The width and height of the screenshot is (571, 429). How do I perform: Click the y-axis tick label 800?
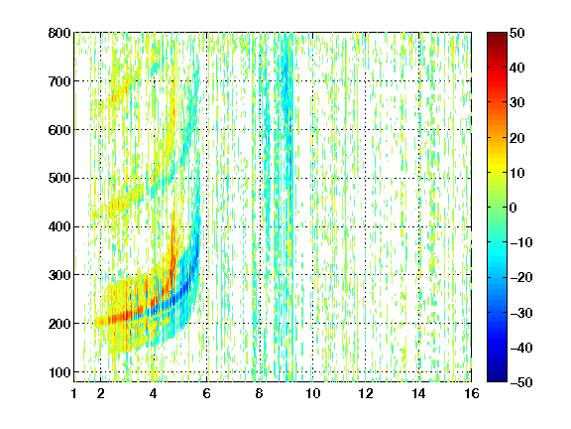pos(59,33)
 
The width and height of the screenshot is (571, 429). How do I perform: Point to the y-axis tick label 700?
pos(59,81)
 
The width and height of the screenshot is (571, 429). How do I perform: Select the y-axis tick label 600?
pos(59,130)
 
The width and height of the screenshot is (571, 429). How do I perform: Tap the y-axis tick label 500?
pos(59,179)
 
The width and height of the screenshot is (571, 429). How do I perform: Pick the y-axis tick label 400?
pos(59,226)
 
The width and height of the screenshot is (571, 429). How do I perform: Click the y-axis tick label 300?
pos(59,275)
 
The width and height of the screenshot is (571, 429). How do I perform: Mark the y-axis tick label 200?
pos(59,324)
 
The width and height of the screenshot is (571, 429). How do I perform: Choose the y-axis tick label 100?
pos(59,372)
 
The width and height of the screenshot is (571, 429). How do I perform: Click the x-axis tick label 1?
pos(74,393)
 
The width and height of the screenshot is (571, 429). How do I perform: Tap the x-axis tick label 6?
pos(207,393)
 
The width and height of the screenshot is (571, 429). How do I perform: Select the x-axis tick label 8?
pos(260,393)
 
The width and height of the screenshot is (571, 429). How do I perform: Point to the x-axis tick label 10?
pos(313,393)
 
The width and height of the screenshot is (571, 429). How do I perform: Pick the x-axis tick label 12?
pos(366,393)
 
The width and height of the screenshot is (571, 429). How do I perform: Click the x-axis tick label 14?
pos(418,393)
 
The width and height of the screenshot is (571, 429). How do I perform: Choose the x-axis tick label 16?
pos(472,393)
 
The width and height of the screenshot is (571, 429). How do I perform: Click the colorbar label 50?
pos(517,33)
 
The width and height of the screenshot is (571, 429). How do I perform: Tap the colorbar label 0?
pos(514,208)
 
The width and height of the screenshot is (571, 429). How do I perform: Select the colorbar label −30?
pos(521,313)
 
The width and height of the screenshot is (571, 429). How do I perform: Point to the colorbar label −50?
pos(521,382)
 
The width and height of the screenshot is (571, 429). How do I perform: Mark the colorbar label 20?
pos(517,138)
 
